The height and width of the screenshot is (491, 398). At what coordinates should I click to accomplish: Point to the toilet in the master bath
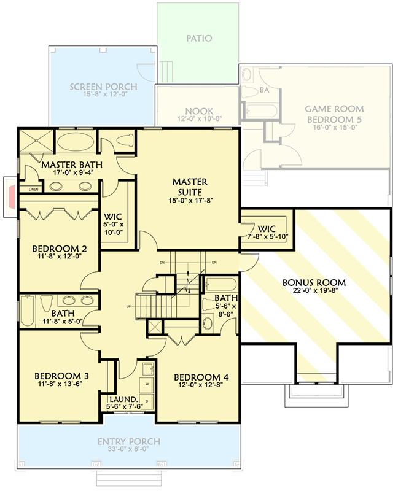pyautogui.click(x=123, y=141)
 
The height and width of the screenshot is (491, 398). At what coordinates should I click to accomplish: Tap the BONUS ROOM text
pyautogui.click(x=314, y=283)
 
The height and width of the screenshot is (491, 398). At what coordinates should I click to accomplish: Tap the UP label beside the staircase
pyautogui.click(x=128, y=305)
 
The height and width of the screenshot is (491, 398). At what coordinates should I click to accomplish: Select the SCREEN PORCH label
pyautogui.click(x=103, y=87)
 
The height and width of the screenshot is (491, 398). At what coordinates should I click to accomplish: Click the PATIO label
pyautogui.click(x=198, y=38)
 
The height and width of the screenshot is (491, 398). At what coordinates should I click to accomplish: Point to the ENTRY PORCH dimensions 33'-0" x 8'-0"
pyautogui.click(x=129, y=450)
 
